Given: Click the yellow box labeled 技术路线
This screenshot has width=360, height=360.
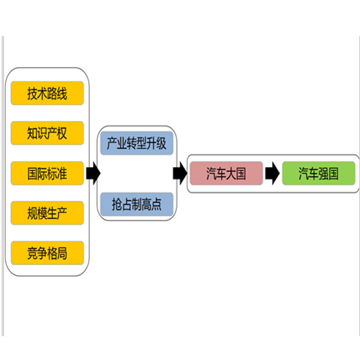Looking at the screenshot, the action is [x=48, y=93].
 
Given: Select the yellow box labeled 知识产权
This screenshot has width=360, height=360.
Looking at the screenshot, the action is [x=48, y=133].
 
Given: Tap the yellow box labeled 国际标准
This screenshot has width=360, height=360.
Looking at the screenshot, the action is [x=48, y=173].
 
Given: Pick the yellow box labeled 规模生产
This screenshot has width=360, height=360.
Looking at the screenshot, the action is [x=48, y=213].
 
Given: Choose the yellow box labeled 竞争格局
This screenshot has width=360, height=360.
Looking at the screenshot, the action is [x=48, y=253].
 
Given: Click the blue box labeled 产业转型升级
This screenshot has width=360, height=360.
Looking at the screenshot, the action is [x=137, y=143].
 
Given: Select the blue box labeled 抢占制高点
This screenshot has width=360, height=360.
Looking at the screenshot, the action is [x=137, y=204].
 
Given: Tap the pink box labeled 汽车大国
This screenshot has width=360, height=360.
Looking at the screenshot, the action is [x=226, y=173].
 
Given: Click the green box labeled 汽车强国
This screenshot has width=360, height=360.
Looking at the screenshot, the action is [x=318, y=173].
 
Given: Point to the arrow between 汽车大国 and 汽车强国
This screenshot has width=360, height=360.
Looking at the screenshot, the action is [x=272, y=173].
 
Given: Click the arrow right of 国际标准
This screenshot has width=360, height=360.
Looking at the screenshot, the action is [x=93, y=173].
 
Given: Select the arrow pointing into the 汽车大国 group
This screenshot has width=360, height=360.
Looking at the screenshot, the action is [x=180, y=173].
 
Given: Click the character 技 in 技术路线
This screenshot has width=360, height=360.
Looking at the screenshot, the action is [x=32, y=94].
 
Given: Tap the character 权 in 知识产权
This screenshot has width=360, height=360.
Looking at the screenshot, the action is [x=62, y=133].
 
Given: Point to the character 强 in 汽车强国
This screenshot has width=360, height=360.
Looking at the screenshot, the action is [x=323, y=174].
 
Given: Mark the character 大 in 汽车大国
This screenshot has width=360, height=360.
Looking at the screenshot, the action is [x=231, y=174].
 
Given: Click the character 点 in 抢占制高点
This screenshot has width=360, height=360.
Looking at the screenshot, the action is [x=156, y=204].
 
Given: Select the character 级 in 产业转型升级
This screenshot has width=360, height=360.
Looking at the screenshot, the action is [x=161, y=143].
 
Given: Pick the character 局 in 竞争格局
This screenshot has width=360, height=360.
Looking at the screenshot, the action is [x=62, y=253].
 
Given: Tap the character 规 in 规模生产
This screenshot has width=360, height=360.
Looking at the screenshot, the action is [x=32, y=213].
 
